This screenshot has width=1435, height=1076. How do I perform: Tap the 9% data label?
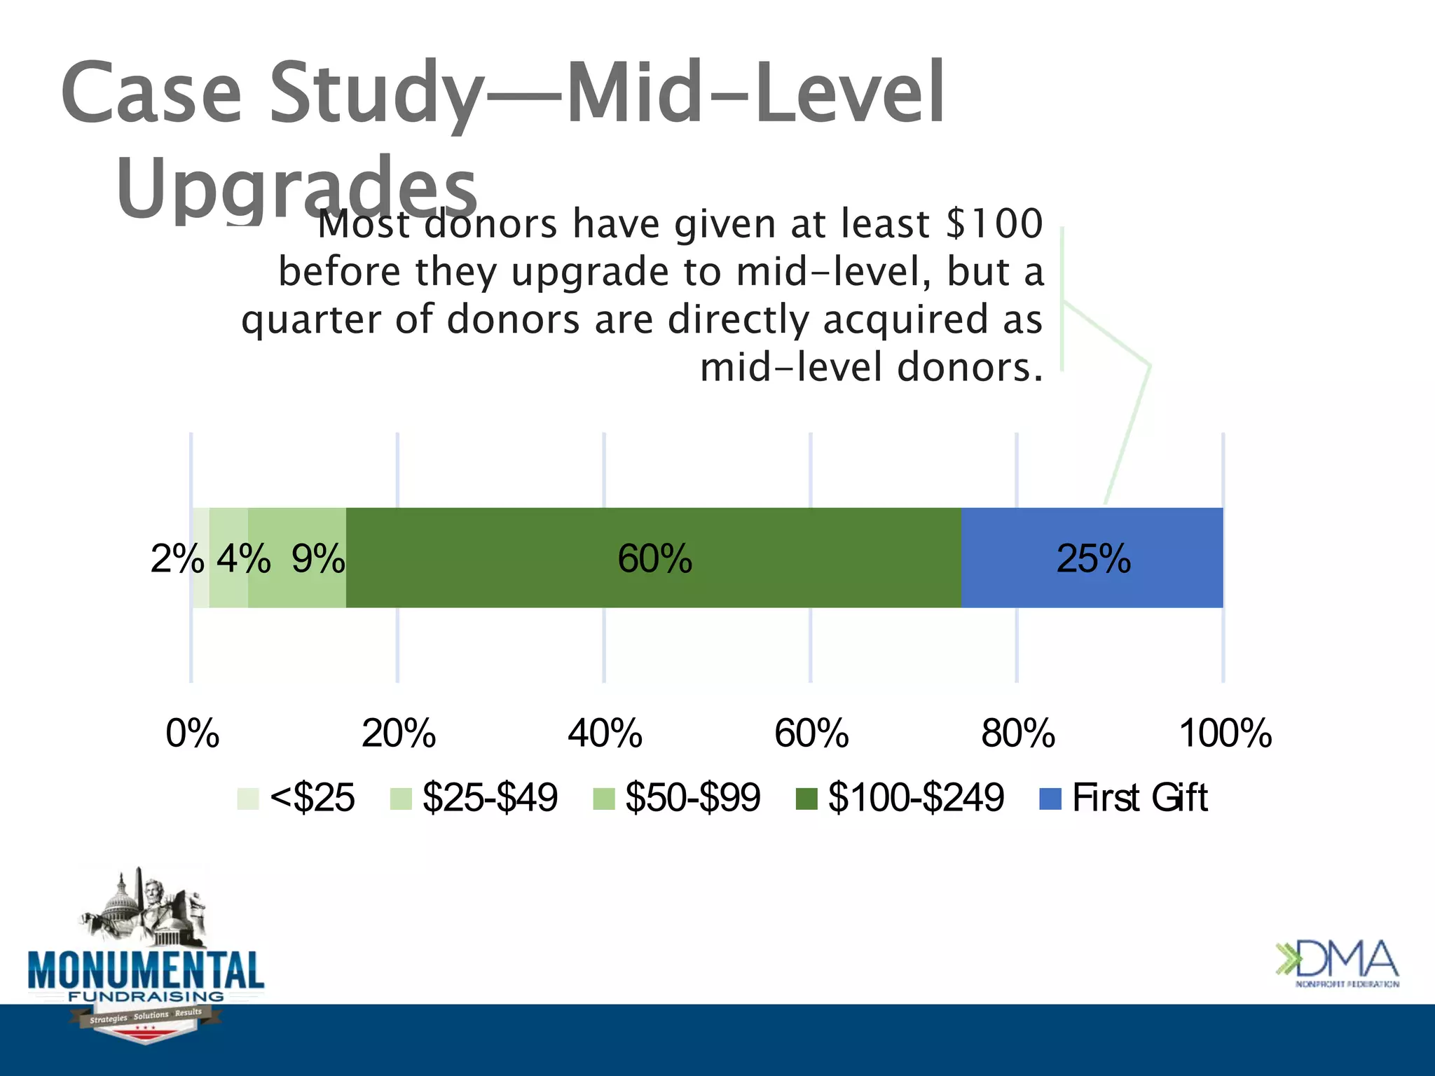318,559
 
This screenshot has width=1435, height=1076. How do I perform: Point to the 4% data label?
243,559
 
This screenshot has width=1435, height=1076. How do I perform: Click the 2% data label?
177,559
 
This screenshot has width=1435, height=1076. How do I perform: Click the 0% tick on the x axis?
192,733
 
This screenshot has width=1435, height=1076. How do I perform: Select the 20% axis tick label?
398,733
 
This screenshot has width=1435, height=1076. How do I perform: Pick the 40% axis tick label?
605,733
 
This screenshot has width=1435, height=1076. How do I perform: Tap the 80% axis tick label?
1017,733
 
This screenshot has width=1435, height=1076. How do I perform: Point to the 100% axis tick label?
1225,733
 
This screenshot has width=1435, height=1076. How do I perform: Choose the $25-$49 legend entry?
474,798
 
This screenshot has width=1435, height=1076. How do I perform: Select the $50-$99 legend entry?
677,798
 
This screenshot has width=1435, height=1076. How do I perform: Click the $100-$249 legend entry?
900,798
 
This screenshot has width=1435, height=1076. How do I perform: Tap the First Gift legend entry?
1125,798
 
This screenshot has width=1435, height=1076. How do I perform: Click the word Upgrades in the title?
296,188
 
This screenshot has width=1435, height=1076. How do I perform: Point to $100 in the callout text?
994,224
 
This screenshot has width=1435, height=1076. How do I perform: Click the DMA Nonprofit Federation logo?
1337,963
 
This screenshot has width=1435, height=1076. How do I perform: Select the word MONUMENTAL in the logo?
146,970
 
